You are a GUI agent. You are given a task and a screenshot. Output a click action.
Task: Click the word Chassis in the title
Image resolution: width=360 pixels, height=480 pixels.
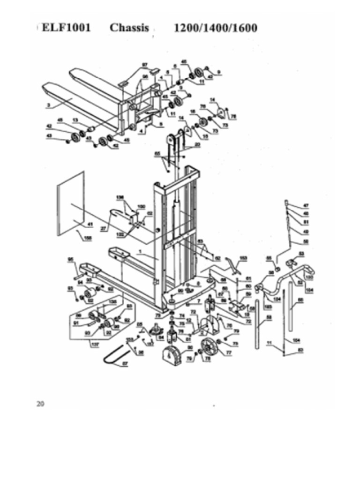tap(129, 28)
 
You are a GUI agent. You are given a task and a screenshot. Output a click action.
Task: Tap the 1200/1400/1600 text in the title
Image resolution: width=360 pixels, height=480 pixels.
tap(215, 28)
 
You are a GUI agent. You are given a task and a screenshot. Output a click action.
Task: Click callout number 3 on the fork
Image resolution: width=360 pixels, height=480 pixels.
tap(48, 106)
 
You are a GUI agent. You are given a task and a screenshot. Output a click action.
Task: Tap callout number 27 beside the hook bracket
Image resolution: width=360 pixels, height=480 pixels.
tap(103, 228)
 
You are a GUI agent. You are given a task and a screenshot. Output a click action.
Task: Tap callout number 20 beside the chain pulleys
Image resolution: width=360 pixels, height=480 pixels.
tap(197, 144)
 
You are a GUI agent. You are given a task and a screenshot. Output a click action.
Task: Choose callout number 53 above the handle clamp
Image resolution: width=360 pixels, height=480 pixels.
tap(301, 254)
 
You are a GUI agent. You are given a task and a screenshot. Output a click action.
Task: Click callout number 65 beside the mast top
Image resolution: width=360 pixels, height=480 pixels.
tap(157, 154)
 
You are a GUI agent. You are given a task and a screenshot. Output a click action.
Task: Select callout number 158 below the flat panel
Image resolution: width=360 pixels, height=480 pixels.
tap(87, 238)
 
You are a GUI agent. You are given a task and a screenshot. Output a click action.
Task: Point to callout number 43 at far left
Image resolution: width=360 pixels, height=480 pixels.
tap(49, 136)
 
